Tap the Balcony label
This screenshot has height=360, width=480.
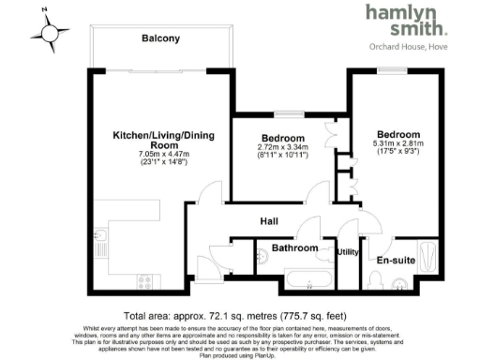160,38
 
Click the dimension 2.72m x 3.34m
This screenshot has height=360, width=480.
282,148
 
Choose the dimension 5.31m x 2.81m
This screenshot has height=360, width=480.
398,144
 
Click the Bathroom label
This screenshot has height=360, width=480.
293,248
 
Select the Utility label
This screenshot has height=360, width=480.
348,252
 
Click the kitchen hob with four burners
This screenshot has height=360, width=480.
145,279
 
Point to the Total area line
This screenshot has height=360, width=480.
239,315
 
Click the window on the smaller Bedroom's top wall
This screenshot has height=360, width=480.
281,113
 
